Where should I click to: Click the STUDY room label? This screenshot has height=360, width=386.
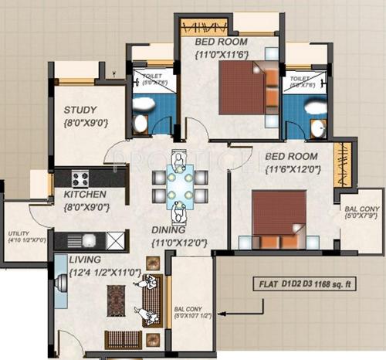coord(80,110)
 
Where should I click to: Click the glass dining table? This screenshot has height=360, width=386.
coord(179,185)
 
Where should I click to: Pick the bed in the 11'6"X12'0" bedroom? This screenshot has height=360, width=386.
coord(278,212)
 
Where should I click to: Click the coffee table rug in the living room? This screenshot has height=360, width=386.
coord(116,301)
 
